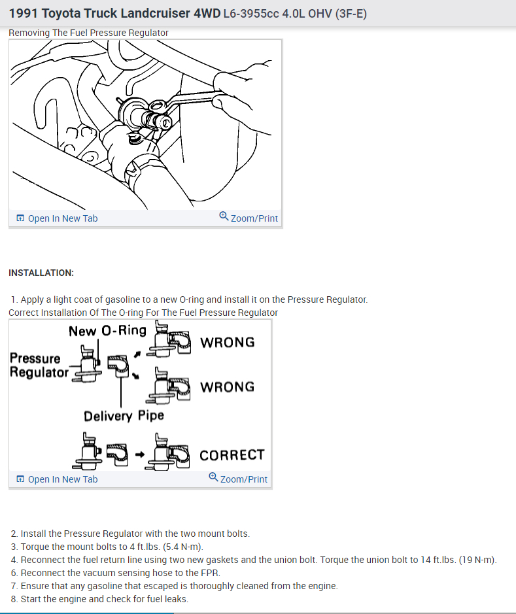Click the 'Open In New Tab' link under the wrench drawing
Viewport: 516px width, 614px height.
coord(62,218)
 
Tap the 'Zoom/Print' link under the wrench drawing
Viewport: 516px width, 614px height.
coord(254,218)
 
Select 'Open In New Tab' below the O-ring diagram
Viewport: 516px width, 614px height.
coord(62,479)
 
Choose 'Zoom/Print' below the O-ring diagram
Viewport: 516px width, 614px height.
coord(243,479)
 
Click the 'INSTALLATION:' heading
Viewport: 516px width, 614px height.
coord(41,273)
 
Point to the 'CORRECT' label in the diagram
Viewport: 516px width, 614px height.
coord(232,455)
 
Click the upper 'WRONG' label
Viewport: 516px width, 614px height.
coord(227,343)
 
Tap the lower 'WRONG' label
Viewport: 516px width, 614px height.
coord(227,387)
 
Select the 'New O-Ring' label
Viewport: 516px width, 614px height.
coord(107,331)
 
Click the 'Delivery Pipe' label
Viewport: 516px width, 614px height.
coord(124,416)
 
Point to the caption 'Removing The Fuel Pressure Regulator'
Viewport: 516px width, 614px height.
coord(88,33)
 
